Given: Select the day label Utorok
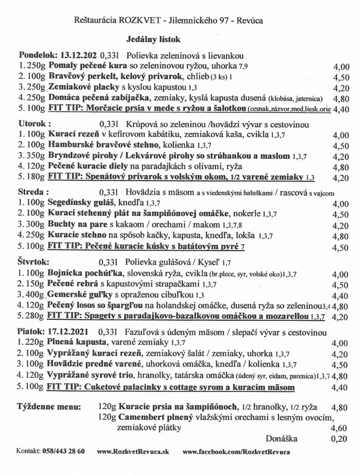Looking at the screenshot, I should pyautogui.click(x=32, y=124).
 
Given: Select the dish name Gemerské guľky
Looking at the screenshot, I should pyautogui.click(x=77, y=294).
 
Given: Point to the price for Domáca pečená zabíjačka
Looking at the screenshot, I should pyautogui.click(x=341, y=98).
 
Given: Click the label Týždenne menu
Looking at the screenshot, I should pyautogui.click(x=49, y=407).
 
